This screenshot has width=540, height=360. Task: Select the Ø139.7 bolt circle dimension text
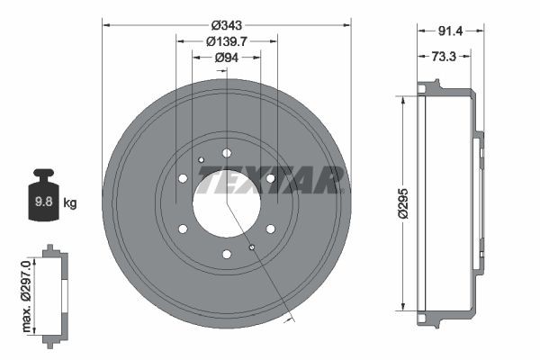pyautogui.click(x=227, y=40)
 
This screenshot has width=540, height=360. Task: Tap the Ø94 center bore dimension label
pyautogui.click(x=226, y=58)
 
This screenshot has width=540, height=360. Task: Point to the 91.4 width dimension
pyautogui.click(x=450, y=31)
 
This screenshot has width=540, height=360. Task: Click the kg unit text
pyautogui.click(x=70, y=202)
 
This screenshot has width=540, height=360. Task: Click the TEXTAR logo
pyautogui.click(x=270, y=181)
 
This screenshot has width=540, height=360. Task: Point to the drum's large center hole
pyautogui.click(x=226, y=202)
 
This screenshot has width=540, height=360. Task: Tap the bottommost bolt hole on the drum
pyautogui.click(x=227, y=253)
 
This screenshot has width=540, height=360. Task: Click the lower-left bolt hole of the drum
pyautogui.click(x=184, y=229)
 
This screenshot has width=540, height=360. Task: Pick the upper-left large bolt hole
pyautogui.click(x=184, y=178)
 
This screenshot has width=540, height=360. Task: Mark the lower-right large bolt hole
pyautogui.click(x=270, y=229)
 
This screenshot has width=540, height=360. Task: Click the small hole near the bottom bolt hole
pyautogui.click(x=252, y=247)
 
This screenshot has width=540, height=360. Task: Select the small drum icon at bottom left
pyautogui.click(x=52, y=292)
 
